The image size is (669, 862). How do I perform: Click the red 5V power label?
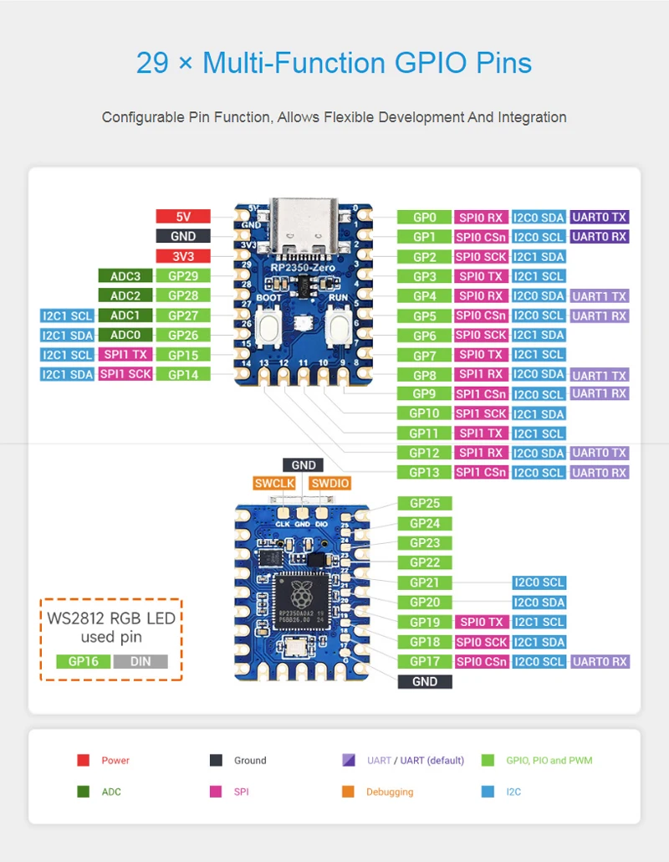[183, 216]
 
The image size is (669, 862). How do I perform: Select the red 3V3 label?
[183, 256]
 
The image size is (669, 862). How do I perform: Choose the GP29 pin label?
[183, 275]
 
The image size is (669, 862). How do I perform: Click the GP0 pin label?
[425, 217]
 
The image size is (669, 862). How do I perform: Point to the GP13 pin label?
[425, 473]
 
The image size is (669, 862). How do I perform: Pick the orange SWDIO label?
[329, 483]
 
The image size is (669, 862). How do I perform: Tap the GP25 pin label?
[425, 503]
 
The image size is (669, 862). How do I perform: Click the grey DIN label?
[140, 661]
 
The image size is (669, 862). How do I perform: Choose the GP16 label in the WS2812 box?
[84, 661]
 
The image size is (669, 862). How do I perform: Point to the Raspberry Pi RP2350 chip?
[301, 597]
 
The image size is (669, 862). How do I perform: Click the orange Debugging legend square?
[349, 791]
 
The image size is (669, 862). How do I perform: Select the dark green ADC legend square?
[84, 791]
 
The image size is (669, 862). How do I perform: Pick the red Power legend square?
[84, 760]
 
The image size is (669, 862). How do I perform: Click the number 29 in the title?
[152, 63]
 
